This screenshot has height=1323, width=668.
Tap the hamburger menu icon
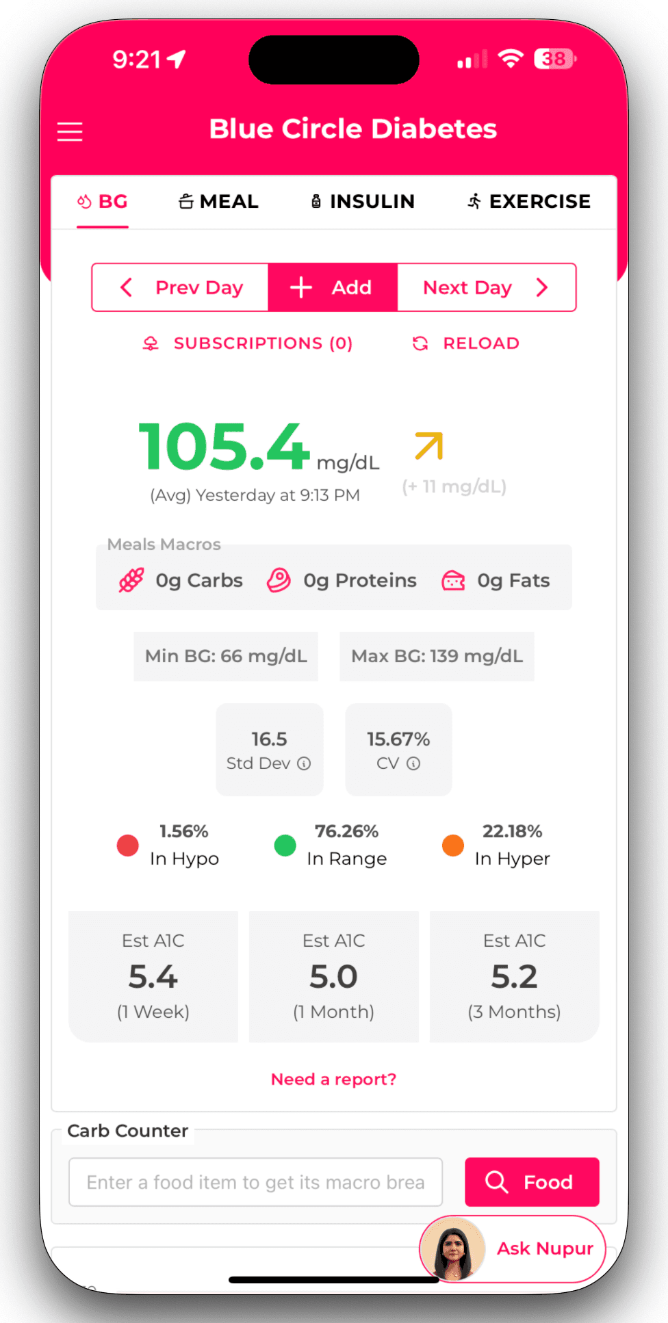click(70, 131)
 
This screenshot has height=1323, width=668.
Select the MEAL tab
click(218, 202)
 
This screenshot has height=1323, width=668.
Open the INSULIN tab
click(363, 202)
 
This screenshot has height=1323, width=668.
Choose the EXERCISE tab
click(529, 202)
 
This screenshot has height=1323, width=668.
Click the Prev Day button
click(181, 287)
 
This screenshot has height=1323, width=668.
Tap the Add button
click(333, 287)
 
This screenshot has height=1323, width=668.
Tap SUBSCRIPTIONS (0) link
click(248, 343)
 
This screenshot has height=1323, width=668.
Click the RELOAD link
click(466, 343)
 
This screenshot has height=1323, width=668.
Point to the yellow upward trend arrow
click(429, 446)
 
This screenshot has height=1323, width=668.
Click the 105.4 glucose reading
click(224, 447)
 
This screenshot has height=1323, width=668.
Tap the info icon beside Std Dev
click(304, 763)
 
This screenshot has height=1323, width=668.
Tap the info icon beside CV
click(413, 763)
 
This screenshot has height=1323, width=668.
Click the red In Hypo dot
click(128, 846)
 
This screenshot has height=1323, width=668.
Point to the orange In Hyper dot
click(453, 846)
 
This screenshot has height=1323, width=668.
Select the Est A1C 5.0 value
click(334, 977)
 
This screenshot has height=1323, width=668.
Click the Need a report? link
click(334, 1079)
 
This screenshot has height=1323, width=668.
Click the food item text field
click(255, 1182)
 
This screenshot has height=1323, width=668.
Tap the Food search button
click(532, 1182)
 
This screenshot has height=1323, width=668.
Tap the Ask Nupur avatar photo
click(452, 1248)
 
